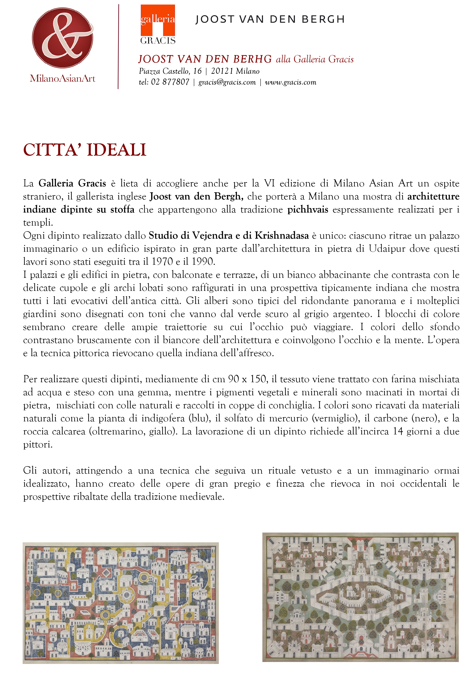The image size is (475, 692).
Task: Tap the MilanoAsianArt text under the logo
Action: pyautogui.click(x=62, y=79)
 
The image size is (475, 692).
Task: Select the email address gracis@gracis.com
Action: pyautogui.click(x=227, y=82)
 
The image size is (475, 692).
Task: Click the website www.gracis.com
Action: pyautogui.click(x=291, y=82)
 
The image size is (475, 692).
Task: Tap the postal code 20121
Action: pyautogui.click(x=222, y=71)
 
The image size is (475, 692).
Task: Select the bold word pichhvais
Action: pyautogui.click(x=308, y=210)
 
